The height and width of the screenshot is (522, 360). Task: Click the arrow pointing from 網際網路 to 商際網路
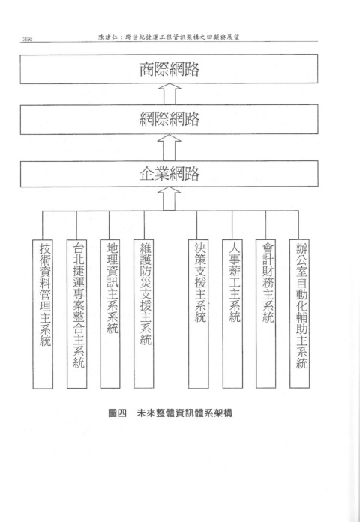click(x=169, y=94)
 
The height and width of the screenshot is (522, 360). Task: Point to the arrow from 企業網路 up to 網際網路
click(x=169, y=148)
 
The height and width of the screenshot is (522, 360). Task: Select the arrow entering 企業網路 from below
click(x=169, y=199)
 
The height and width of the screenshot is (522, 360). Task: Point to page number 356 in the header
click(x=27, y=39)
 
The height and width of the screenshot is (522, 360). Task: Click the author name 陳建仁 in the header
click(x=106, y=37)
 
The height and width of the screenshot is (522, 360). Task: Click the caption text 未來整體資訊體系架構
click(x=184, y=413)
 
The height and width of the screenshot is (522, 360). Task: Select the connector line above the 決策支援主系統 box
click(x=196, y=225)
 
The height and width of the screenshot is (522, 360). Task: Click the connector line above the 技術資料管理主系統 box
click(x=43, y=225)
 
